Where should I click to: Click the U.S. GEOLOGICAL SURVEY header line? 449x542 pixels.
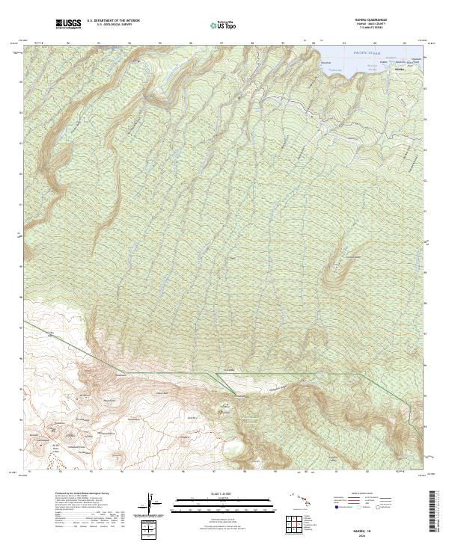point(113,25)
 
